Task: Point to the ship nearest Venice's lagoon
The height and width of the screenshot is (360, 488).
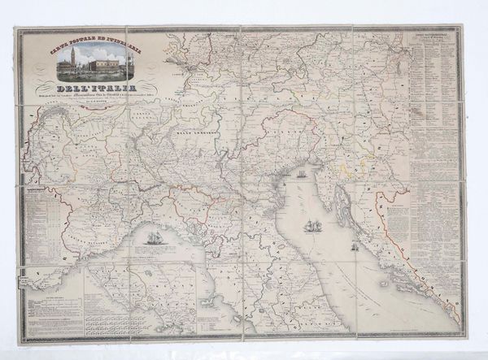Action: (x=301, y=173)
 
